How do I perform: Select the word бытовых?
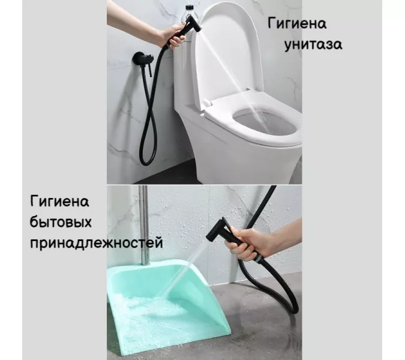pos(61,223)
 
